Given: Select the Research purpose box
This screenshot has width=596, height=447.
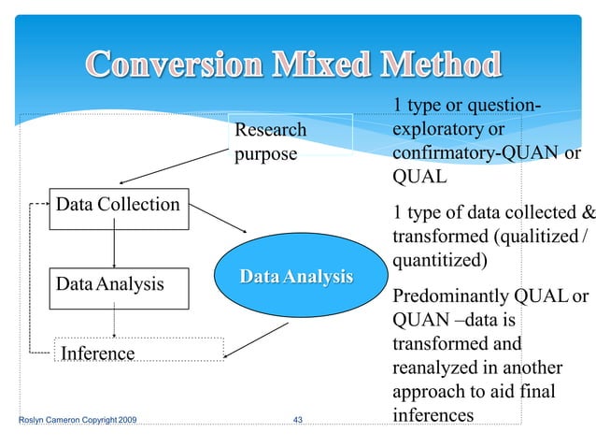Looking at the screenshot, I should [292, 140].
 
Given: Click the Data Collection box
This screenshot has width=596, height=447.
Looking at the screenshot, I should [119, 206].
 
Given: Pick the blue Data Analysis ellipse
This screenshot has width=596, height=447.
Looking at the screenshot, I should [295, 277].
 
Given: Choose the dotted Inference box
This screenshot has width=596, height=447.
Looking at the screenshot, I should [140, 352].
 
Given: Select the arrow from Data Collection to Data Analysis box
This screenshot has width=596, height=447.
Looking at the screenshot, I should [114, 248].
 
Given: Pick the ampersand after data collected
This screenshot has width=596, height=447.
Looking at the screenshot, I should [588, 211].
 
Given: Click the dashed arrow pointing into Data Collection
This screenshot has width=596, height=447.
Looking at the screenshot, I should [41, 203].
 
